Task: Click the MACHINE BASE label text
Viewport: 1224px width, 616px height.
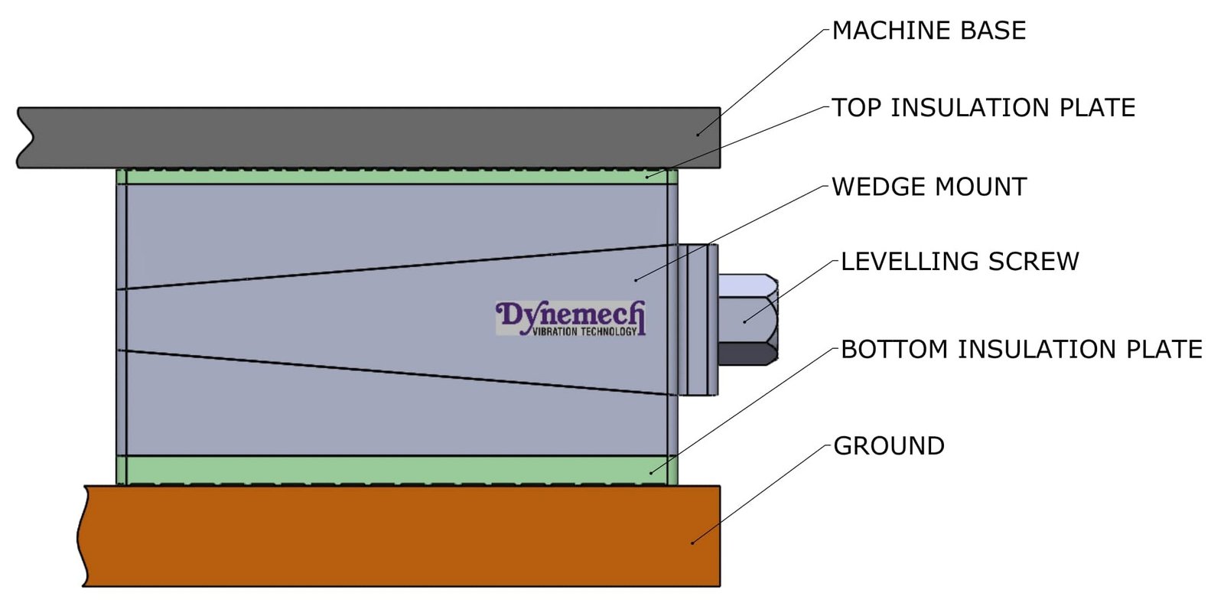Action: tap(929, 31)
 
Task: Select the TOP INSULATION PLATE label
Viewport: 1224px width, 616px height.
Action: tap(983, 108)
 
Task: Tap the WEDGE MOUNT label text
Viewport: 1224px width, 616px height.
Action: tap(929, 187)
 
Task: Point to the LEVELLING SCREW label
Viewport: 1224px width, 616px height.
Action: tap(959, 262)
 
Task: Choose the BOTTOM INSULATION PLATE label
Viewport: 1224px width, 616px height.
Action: tap(1021, 350)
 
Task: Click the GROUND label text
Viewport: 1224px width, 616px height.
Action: tap(889, 446)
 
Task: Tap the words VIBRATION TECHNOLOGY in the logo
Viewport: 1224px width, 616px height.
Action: tap(584, 332)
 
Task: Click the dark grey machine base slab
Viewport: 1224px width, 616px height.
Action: tap(367, 138)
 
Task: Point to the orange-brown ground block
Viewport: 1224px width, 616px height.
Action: tap(398, 536)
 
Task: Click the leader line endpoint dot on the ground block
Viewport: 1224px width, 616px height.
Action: tap(692, 543)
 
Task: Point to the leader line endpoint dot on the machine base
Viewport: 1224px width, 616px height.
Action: tap(698, 135)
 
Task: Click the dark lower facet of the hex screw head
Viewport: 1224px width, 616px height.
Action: tap(746, 354)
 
